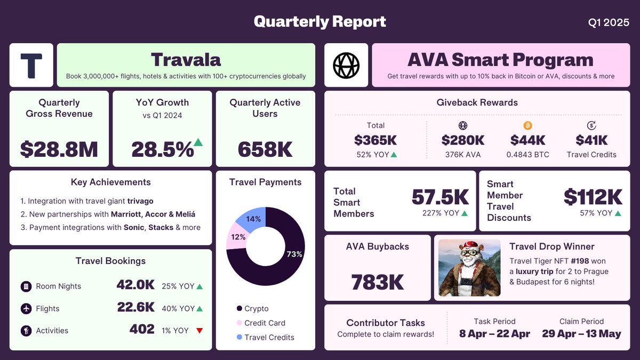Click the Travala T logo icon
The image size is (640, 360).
tap(31, 65)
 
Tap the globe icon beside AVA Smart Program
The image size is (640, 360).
tap(346, 65)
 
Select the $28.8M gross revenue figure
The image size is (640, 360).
tap(59, 150)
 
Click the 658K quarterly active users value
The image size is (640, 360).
tap(265, 150)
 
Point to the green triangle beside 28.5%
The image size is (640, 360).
tap(198, 142)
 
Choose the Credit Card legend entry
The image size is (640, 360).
tap(265, 323)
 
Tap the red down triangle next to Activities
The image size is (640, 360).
tap(199, 331)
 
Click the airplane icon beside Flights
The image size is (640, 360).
tap(26, 309)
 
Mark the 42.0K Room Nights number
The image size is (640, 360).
tap(135, 285)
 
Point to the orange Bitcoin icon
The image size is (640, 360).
tap(528, 126)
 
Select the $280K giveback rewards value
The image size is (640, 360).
tap(463, 140)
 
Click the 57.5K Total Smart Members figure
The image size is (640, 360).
tap(440, 197)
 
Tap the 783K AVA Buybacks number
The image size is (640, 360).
tap(378, 282)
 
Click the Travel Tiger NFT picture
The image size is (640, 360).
tap(469, 268)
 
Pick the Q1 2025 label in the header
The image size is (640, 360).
tap(609, 22)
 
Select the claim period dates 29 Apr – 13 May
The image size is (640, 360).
tap(581, 334)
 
